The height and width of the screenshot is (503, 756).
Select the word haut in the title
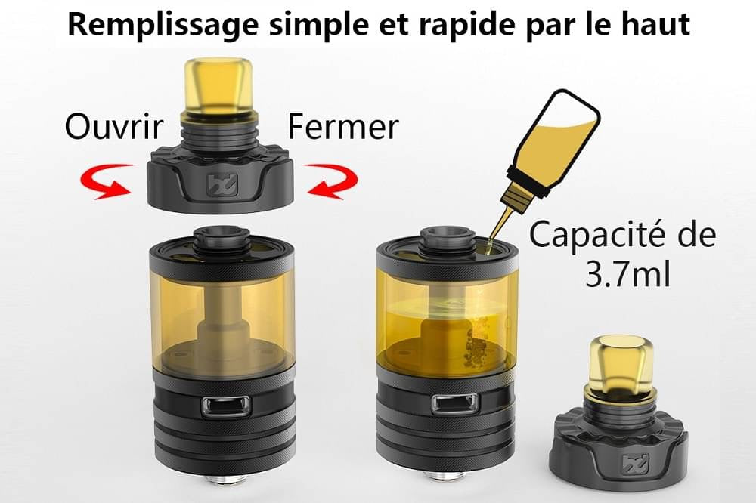(651, 26)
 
